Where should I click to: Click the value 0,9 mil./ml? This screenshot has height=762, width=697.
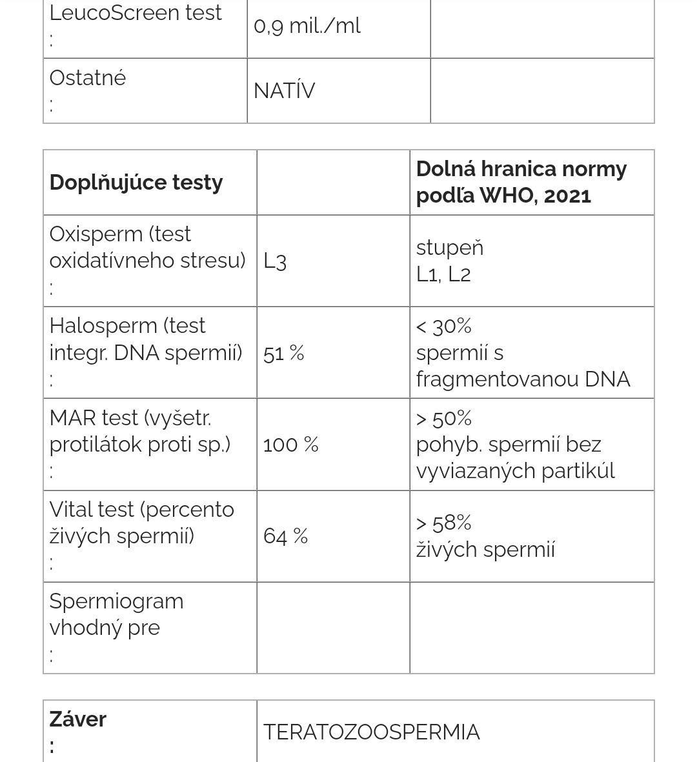pyautogui.click(x=307, y=26)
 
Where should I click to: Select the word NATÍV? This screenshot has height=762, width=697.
pyautogui.click(x=284, y=91)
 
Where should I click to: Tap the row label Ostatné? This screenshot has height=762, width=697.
pyautogui.click(x=88, y=78)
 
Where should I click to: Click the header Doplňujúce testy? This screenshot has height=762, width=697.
pyautogui.click(x=136, y=183)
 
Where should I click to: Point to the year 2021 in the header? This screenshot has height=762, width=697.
pyautogui.click(x=567, y=196)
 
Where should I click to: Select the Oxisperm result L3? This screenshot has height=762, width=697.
pyautogui.click(x=275, y=261)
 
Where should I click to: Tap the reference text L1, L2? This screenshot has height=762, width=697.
pyautogui.click(x=443, y=275)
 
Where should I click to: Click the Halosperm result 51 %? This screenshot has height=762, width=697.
pyautogui.click(x=283, y=353)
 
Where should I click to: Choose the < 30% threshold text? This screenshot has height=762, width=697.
pyautogui.click(x=444, y=326)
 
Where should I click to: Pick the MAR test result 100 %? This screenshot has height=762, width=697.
pyautogui.click(x=290, y=445)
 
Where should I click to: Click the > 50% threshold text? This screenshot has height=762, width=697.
pyautogui.click(x=444, y=419)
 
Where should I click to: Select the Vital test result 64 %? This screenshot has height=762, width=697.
pyautogui.click(x=285, y=536)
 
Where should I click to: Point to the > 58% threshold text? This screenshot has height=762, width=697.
pyautogui.click(x=444, y=523)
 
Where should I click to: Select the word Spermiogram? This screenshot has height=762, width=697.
pyautogui.click(x=116, y=601)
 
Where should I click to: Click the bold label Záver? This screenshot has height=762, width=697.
pyautogui.click(x=78, y=719)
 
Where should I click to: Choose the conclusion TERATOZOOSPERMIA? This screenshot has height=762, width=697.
pyautogui.click(x=371, y=732)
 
